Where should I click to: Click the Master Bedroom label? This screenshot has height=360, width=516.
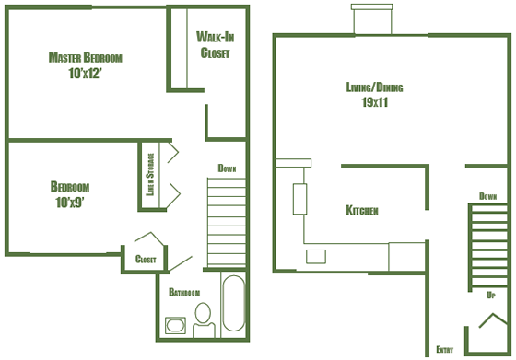click(x=85, y=57)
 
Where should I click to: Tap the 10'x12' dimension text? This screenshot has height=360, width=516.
click(x=85, y=74)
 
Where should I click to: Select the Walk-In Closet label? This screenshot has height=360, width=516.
click(x=216, y=45)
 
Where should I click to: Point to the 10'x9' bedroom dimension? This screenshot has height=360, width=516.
click(x=70, y=203)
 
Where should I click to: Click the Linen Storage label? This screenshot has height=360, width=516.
click(x=150, y=175)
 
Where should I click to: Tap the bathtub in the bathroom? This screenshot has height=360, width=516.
click(x=234, y=303)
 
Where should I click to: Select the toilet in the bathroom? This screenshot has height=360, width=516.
click(x=204, y=319)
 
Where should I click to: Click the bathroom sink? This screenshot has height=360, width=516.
click(x=175, y=326)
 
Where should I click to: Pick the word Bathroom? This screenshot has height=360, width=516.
click(x=184, y=292)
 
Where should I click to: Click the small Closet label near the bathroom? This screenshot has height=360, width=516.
click(x=146, y=259)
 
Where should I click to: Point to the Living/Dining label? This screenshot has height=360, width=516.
click(x=374, y=87)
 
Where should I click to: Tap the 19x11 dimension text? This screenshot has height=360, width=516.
click(x=375, y=102)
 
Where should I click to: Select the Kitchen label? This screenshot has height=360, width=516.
click(x=362, y=210)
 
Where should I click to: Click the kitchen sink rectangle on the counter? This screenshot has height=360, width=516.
click(x=316, y=257)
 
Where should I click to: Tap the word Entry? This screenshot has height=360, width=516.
click(x=444, y=349)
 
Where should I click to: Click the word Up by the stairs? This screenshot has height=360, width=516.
click(x=490, y=295)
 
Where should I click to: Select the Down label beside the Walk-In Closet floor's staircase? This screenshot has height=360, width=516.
click(x=227, y=168)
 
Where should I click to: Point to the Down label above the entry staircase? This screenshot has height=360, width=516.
click(x=487, y=196)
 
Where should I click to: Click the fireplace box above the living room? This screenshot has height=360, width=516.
click(x=372, y=18)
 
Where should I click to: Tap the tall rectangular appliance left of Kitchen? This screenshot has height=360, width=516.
click(x=299, y=199)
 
